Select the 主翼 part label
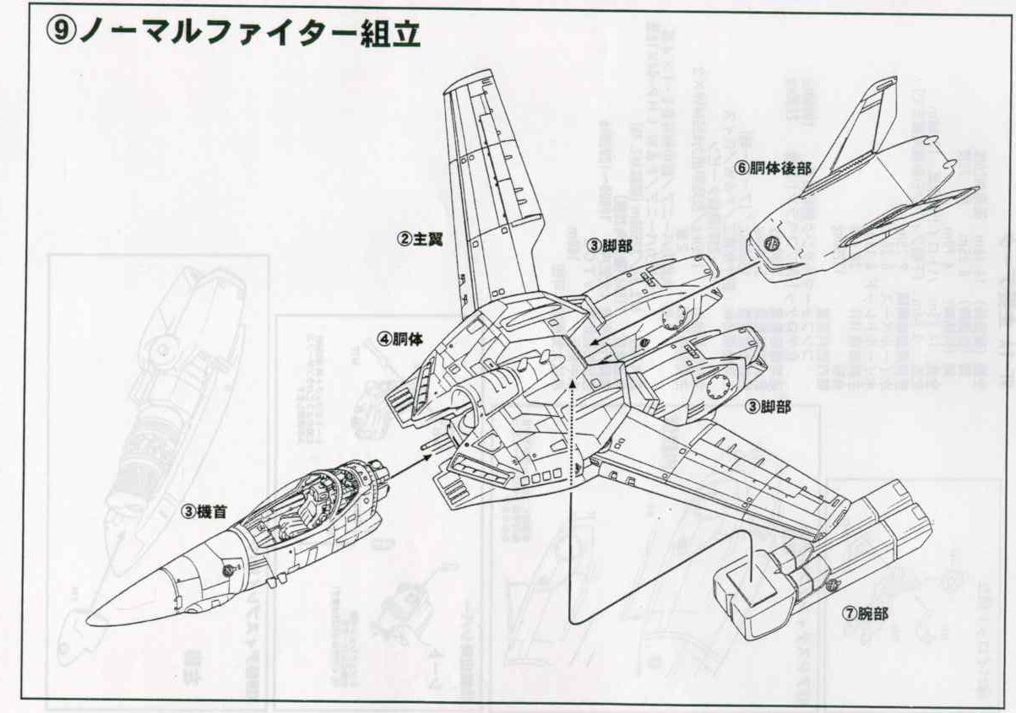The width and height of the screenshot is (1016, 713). click(421, 238)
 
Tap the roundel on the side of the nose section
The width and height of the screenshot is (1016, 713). click(228, 570)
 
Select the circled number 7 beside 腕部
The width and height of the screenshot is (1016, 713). click(847, 613)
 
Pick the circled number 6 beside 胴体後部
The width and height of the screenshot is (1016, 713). click(742, 168)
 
